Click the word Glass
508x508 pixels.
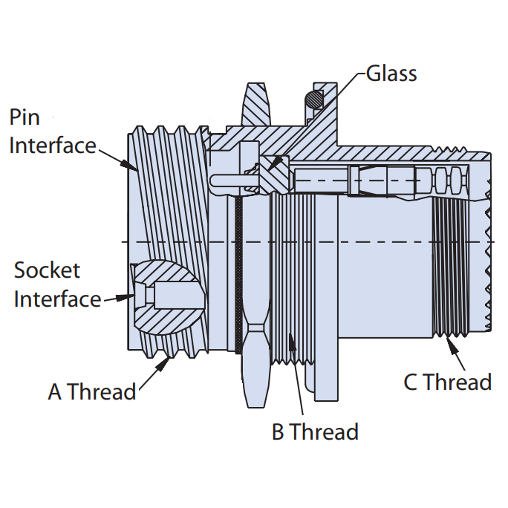pos(391,74)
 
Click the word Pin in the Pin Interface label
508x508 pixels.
pos(25,117)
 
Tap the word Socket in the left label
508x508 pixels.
pos(47,270)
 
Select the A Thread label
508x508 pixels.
pos(92,391)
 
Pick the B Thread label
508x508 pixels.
pos(315,432)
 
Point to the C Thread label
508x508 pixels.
pos(447,382)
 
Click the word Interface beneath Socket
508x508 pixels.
pos(57,299)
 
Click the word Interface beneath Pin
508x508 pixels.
pos(52,145)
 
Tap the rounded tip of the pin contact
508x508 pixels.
pos(215,179)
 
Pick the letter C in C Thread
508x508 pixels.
pos(411,382)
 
